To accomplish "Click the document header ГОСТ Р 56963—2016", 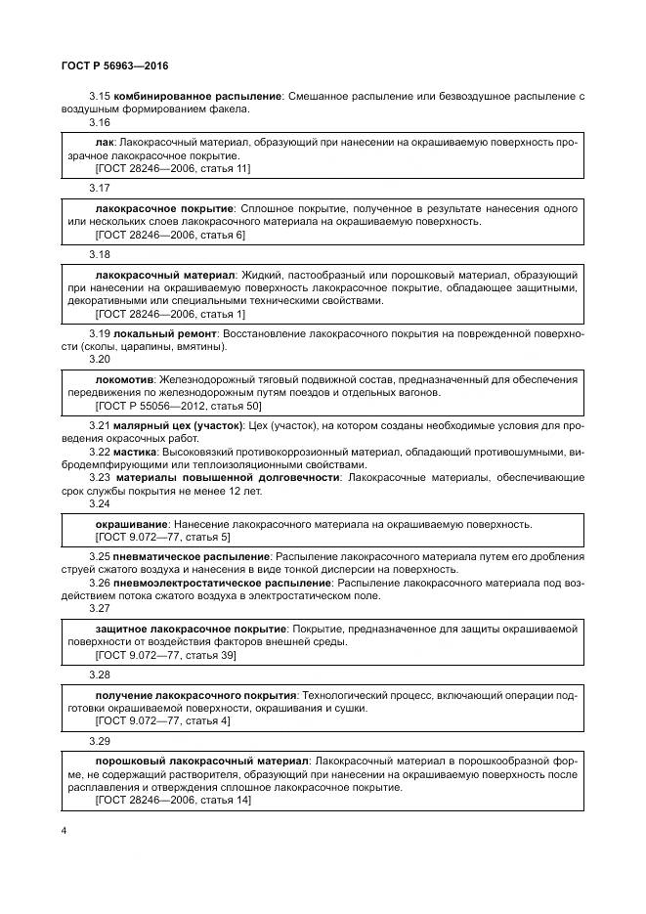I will point(115,65).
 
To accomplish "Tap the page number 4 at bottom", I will point(64,831).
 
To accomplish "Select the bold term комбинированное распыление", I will point(197,96).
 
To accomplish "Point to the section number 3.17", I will point(99,188).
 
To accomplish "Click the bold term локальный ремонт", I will point(162,333).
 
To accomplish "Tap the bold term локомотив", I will point(128,378).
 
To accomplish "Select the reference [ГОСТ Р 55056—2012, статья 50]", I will point(178,405).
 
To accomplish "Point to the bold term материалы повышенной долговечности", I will point(227,477).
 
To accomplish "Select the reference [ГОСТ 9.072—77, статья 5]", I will point(162,537).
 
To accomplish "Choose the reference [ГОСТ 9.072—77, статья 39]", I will point(166,655).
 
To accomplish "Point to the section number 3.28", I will point(99,675).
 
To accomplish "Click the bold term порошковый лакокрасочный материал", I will point(202,760).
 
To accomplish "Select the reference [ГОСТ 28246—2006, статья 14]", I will point(173,800).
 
